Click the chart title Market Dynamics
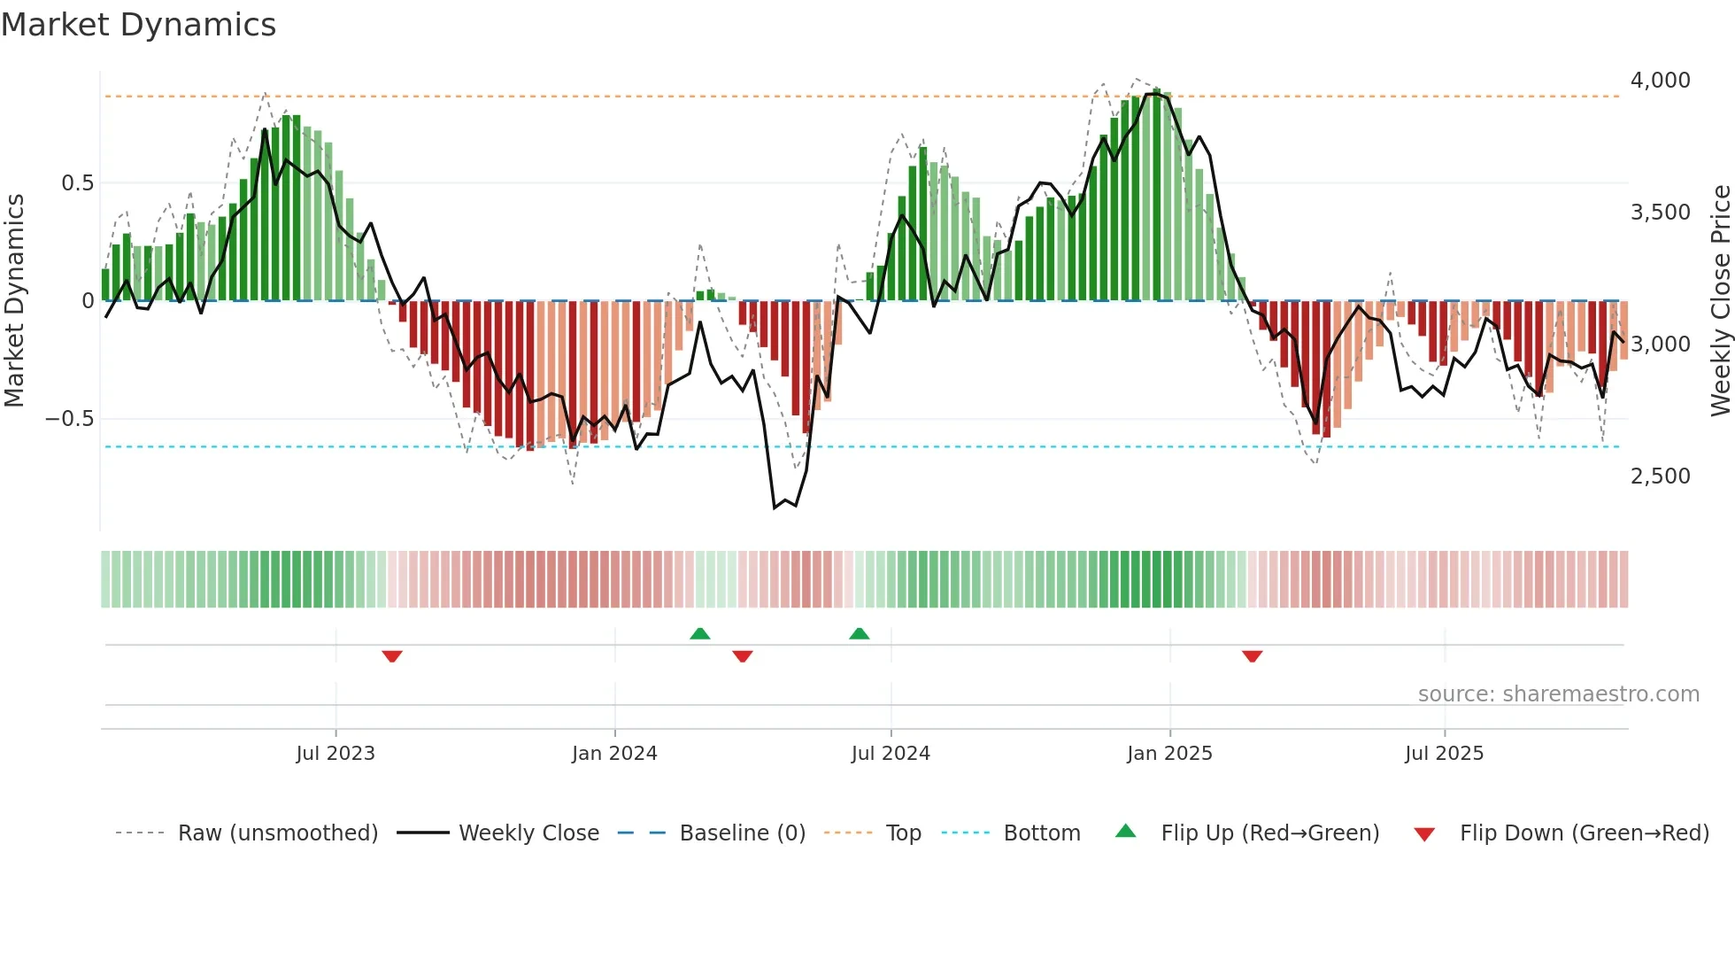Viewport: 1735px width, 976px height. (x=138, y=25)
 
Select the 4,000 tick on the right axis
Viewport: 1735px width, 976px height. (x=1660, y=81)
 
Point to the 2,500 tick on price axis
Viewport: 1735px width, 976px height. (x=1660, y=476)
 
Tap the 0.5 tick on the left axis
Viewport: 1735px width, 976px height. (x=77, y=183)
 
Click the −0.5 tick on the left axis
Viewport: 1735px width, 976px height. (x=70, y=419)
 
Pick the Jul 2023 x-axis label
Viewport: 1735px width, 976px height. (x=335, y=754)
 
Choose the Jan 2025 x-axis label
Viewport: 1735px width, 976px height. (x=1169, y=754)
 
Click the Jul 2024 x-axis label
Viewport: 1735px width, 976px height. (x=891, y=754)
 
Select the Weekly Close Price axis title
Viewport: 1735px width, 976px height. (x=1720, y=300)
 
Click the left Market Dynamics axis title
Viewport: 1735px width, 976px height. (x=14, y=300)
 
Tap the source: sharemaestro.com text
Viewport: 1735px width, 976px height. (x=1558, y=694)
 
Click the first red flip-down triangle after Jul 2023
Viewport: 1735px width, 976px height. (x=392, y=656)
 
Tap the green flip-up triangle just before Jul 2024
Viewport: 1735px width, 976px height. (x=859, y=633)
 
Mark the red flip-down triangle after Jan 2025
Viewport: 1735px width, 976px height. (x=1252, y=656)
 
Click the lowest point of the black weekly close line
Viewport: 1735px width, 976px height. (x=775, y=507)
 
